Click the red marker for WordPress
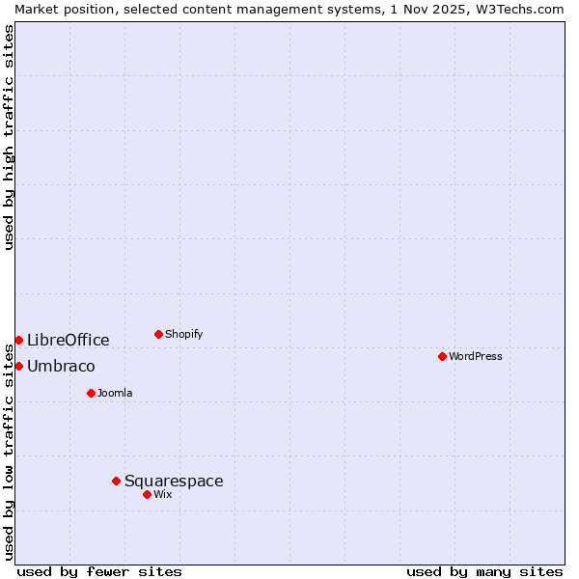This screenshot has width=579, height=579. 442,356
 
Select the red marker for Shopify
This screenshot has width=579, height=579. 158,334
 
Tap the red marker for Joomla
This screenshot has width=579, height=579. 91,393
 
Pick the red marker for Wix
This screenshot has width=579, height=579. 147,494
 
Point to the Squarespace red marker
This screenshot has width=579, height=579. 116,481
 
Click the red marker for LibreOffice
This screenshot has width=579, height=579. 18,340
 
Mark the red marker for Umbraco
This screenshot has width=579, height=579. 18,366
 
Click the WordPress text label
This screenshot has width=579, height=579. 476,356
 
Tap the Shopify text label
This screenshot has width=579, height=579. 183,334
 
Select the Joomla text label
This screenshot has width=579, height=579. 115,393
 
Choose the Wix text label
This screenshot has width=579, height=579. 163,494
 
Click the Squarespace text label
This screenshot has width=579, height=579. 174,481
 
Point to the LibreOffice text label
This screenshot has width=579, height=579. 69,340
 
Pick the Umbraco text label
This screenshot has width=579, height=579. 61,366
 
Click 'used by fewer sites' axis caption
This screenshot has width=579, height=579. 99,571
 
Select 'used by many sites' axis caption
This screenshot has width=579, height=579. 484,571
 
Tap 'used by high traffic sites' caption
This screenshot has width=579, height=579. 9,137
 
